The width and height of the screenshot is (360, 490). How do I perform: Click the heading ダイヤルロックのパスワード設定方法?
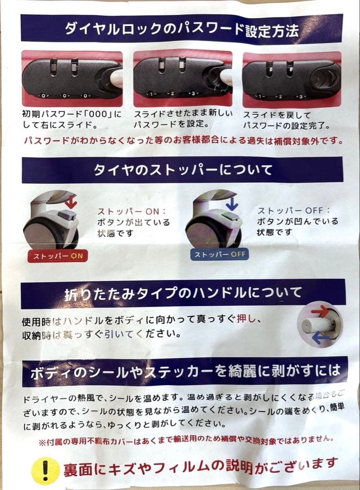coord(182,31)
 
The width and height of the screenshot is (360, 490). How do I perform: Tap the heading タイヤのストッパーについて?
coord(183,170)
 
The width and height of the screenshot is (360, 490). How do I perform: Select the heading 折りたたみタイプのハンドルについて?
coord(182,293)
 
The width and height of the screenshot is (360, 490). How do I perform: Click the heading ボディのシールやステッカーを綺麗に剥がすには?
coord(185,372)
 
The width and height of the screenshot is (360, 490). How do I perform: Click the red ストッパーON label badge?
coord(57,256)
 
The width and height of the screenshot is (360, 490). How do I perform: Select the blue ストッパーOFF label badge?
coord(220,255)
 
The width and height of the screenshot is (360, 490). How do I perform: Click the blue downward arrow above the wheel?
coord(232,203)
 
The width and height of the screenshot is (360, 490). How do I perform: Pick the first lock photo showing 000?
coord(72,78)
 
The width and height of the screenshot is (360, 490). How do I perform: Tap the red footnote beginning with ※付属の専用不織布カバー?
coord(186,440)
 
